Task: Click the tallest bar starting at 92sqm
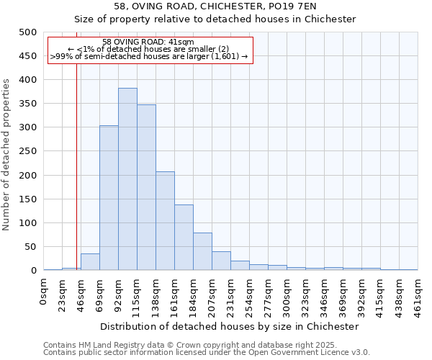127,179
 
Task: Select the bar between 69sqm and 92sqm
109,198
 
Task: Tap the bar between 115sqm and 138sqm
146,187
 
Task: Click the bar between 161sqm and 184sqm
184,238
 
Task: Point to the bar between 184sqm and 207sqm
202,251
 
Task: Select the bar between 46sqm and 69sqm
90,262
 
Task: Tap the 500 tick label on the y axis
28,32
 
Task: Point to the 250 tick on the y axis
28,152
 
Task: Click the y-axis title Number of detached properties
7,151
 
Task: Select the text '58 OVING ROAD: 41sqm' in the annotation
148,42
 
